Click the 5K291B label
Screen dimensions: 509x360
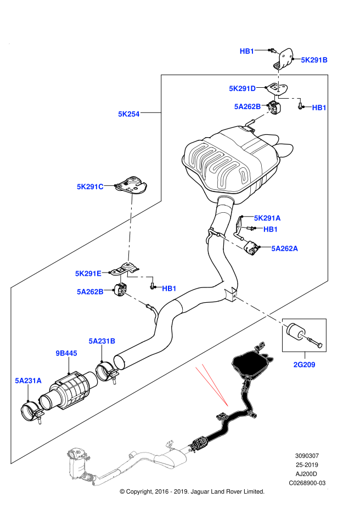pyautogui.click(x=314, y=60)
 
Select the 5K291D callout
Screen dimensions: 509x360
pyautogui.click(x=242, y=89)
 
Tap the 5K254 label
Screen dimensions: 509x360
pyautogui.click(x=128, y=114)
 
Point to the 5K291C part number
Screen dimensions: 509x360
pyautogui.click(x=90, y=187)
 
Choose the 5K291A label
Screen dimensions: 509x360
pyautogui.click(x=267, y=218)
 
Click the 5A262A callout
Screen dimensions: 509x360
pyautogui.click(x=284, y=248)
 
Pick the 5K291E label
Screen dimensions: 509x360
pyautogui.click(x=88, y=274)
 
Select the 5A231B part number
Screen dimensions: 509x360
pyautogui.click(x=102, y=341)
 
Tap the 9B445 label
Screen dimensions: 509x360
pyautogui.click(x=66, y=353)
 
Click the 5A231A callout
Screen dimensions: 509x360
pyautogui.click(x=28, y=381)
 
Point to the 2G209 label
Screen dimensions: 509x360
pyautogui.click(x=304, y=365)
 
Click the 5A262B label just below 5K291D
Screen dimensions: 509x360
pyautogui.click(x=247, y=107)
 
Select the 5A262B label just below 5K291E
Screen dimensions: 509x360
pyautogui.click(x=90, y=292)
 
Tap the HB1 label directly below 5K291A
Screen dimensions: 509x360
pyautogui.click(x=271, y=229)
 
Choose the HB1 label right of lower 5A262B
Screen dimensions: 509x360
pyautogui.click(x=169, y=289)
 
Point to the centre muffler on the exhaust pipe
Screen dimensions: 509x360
pyautogui.click(x=171, y=458)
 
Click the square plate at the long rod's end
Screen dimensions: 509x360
pyautogui.click(x=234, y=296)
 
